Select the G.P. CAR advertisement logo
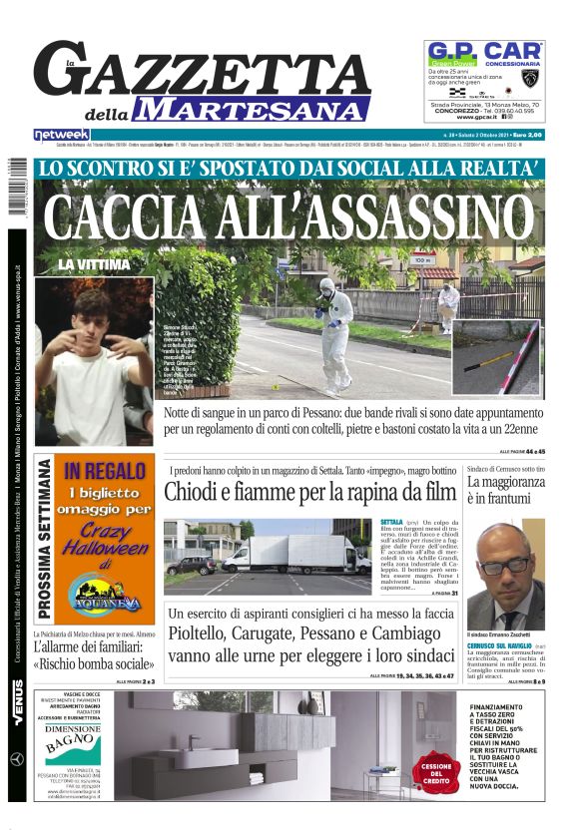point(484,52)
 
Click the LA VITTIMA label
point(94,264)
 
